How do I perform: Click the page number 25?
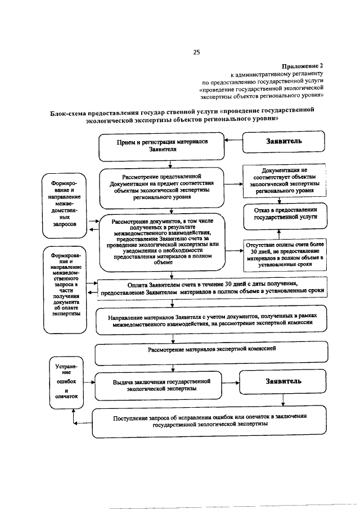pos(197,52)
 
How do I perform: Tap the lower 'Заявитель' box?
pos(283,382)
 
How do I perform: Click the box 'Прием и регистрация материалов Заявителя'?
pos(163,146)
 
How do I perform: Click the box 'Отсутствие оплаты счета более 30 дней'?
pos(285,253)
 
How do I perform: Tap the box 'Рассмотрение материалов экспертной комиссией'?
pos(211,350)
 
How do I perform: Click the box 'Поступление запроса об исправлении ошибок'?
pos(209,421)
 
